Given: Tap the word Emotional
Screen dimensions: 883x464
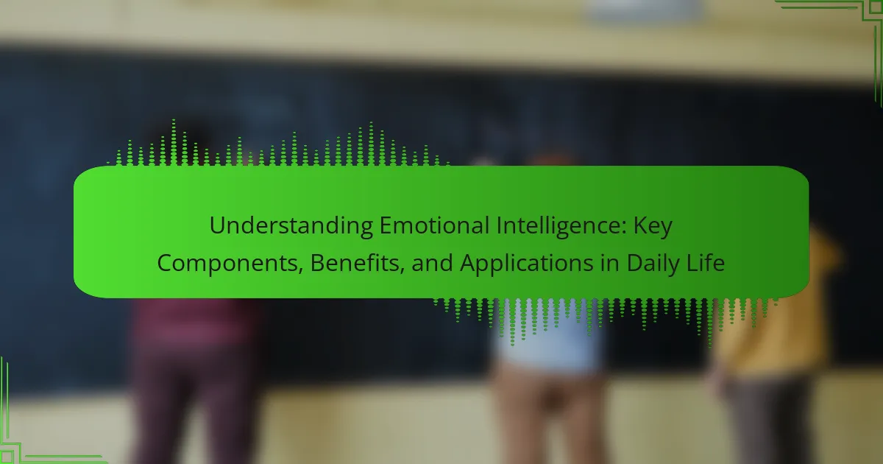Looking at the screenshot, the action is [434, 225].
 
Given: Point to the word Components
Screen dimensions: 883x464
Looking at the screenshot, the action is [227, 264].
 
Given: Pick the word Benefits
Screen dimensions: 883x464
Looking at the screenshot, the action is [355, 263].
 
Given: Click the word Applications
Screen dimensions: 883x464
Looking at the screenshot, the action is [527, 264].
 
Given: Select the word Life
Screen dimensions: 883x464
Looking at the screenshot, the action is [706, 263].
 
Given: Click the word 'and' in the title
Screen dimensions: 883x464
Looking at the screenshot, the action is [433, 263].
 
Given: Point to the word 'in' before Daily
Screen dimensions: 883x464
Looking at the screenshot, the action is [610, 263].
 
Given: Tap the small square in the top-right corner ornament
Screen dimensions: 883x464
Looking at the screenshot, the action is [876, 7].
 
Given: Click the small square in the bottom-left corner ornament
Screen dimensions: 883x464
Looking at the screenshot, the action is [7, 457].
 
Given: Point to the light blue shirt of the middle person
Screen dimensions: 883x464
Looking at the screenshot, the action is [549, 335].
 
